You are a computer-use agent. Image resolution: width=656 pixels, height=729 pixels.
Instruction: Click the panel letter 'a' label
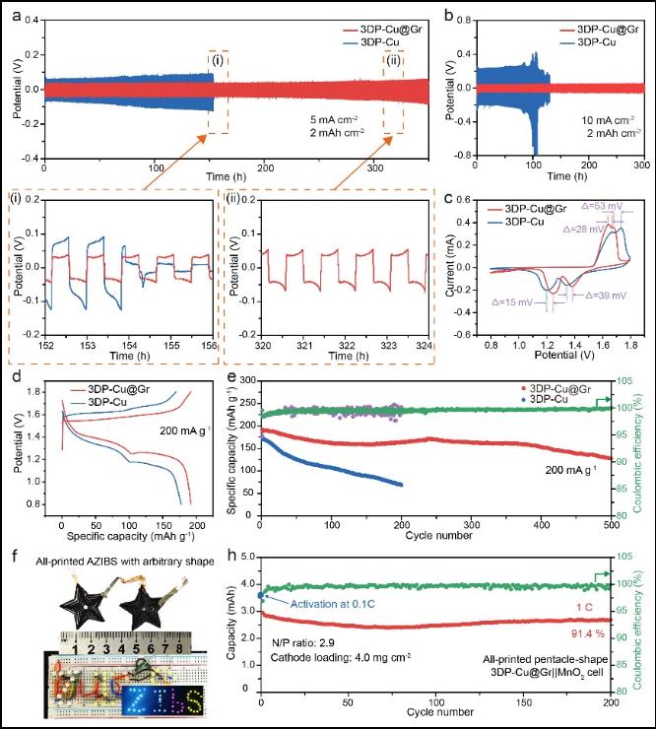[x=13, y=13]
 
